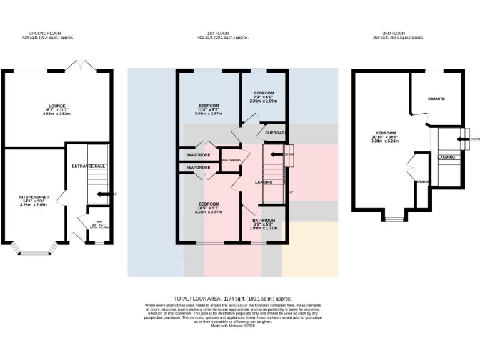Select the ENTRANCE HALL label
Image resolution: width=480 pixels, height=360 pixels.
tap(87, 166)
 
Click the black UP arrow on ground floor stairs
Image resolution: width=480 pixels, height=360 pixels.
tap(112, 194)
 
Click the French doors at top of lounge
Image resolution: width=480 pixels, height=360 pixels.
tap(80, 66)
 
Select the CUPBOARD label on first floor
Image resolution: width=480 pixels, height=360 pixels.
tap(275, 133)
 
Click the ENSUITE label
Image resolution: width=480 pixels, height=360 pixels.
tap(436, 99)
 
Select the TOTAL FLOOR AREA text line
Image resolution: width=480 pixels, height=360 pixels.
tap(232, 299)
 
